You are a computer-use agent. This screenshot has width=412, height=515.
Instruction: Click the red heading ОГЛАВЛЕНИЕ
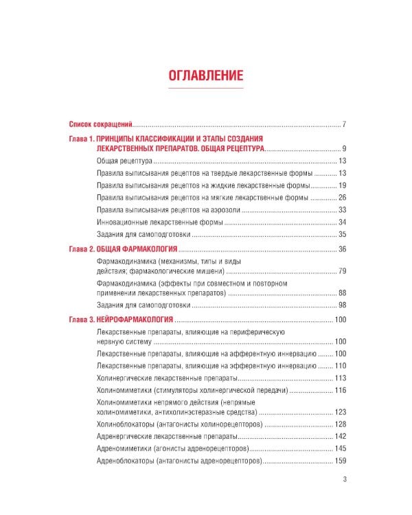tap(206, 75)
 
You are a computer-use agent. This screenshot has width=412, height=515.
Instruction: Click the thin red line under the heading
tap(206, 89)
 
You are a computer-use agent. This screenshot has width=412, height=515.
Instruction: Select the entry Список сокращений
tap(100, 124)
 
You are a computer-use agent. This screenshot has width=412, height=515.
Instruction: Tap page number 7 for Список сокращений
tap(343, 124)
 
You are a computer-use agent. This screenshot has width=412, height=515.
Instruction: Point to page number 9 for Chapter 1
tap(343, 148)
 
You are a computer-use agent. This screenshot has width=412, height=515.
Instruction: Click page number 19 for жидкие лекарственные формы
tap(341, 185)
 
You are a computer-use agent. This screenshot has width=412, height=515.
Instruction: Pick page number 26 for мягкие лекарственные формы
tap(341, 198)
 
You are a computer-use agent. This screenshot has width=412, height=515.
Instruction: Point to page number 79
tap(341, 271)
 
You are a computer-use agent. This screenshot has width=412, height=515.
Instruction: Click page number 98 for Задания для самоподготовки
tap(341, 304)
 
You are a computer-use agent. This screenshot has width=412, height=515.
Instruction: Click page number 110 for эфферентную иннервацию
tap(339, 365)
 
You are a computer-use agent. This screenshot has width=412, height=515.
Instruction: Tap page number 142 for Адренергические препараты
tap(339, 437)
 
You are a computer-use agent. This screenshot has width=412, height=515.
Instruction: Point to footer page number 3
tap(344, 480)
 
